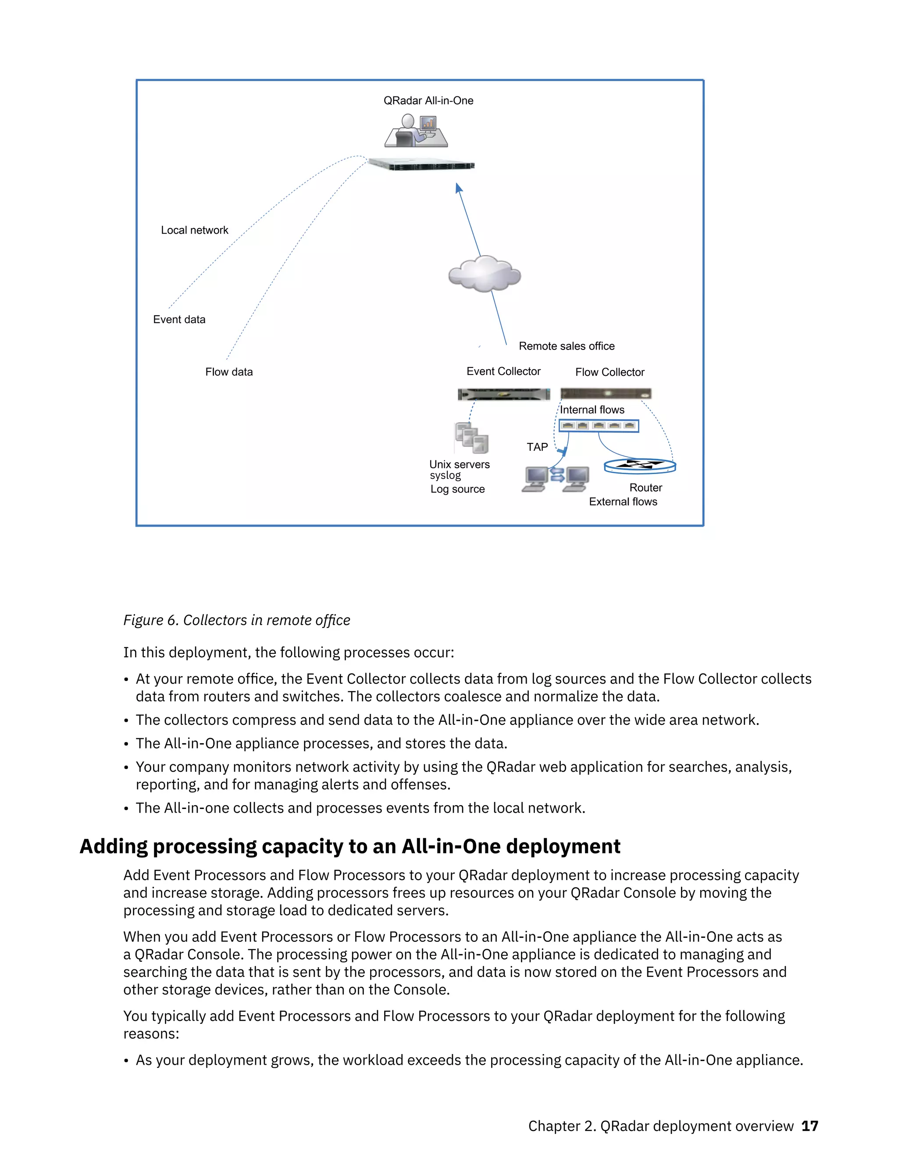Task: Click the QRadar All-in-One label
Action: pyautogui.click(x=428, y=100)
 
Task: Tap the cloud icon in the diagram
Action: pyautogui.click(x=484, y=274)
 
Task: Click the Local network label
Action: pyautogui.click(x=194, y=230)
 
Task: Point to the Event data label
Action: pyautogui.click(x=179, y=320)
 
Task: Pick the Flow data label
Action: pyautogui.click(x=229, y=372)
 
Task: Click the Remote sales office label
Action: pyautogui.click(x=567, y=346)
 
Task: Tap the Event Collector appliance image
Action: pyautogui.click(x=503, y=394)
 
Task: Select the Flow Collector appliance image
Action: pyautogui.click(x=606, y=394)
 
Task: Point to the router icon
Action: pyautogui.click(x=640, y=466)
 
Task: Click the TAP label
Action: pyautogui.click(x=537, y=447)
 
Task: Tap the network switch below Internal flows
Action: pyautogui.click(x=599, y=426)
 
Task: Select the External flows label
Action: pyautogui.click(x=623, y=502)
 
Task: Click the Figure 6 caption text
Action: pyautogui.click(x=237, y=620)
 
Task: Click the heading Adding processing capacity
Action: pyautogui.click(x=349, y=846)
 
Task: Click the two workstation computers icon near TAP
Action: pyautogui.click(x=556, y=478)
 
